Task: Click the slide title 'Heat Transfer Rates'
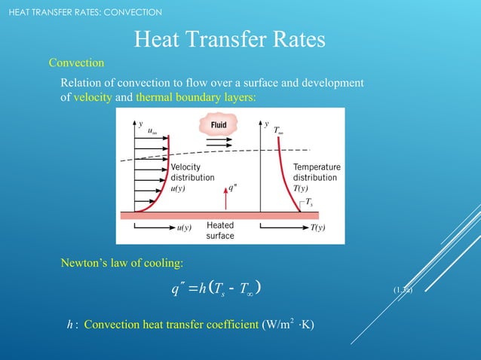click(229, 38)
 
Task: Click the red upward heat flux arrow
click(225, 200)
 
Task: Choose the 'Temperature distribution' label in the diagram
click(316, 172)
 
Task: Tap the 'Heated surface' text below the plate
click(220, 230)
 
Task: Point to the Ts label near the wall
click(309, 202)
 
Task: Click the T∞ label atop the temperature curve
click(278, 130)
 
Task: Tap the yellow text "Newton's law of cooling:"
click(122, 263)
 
